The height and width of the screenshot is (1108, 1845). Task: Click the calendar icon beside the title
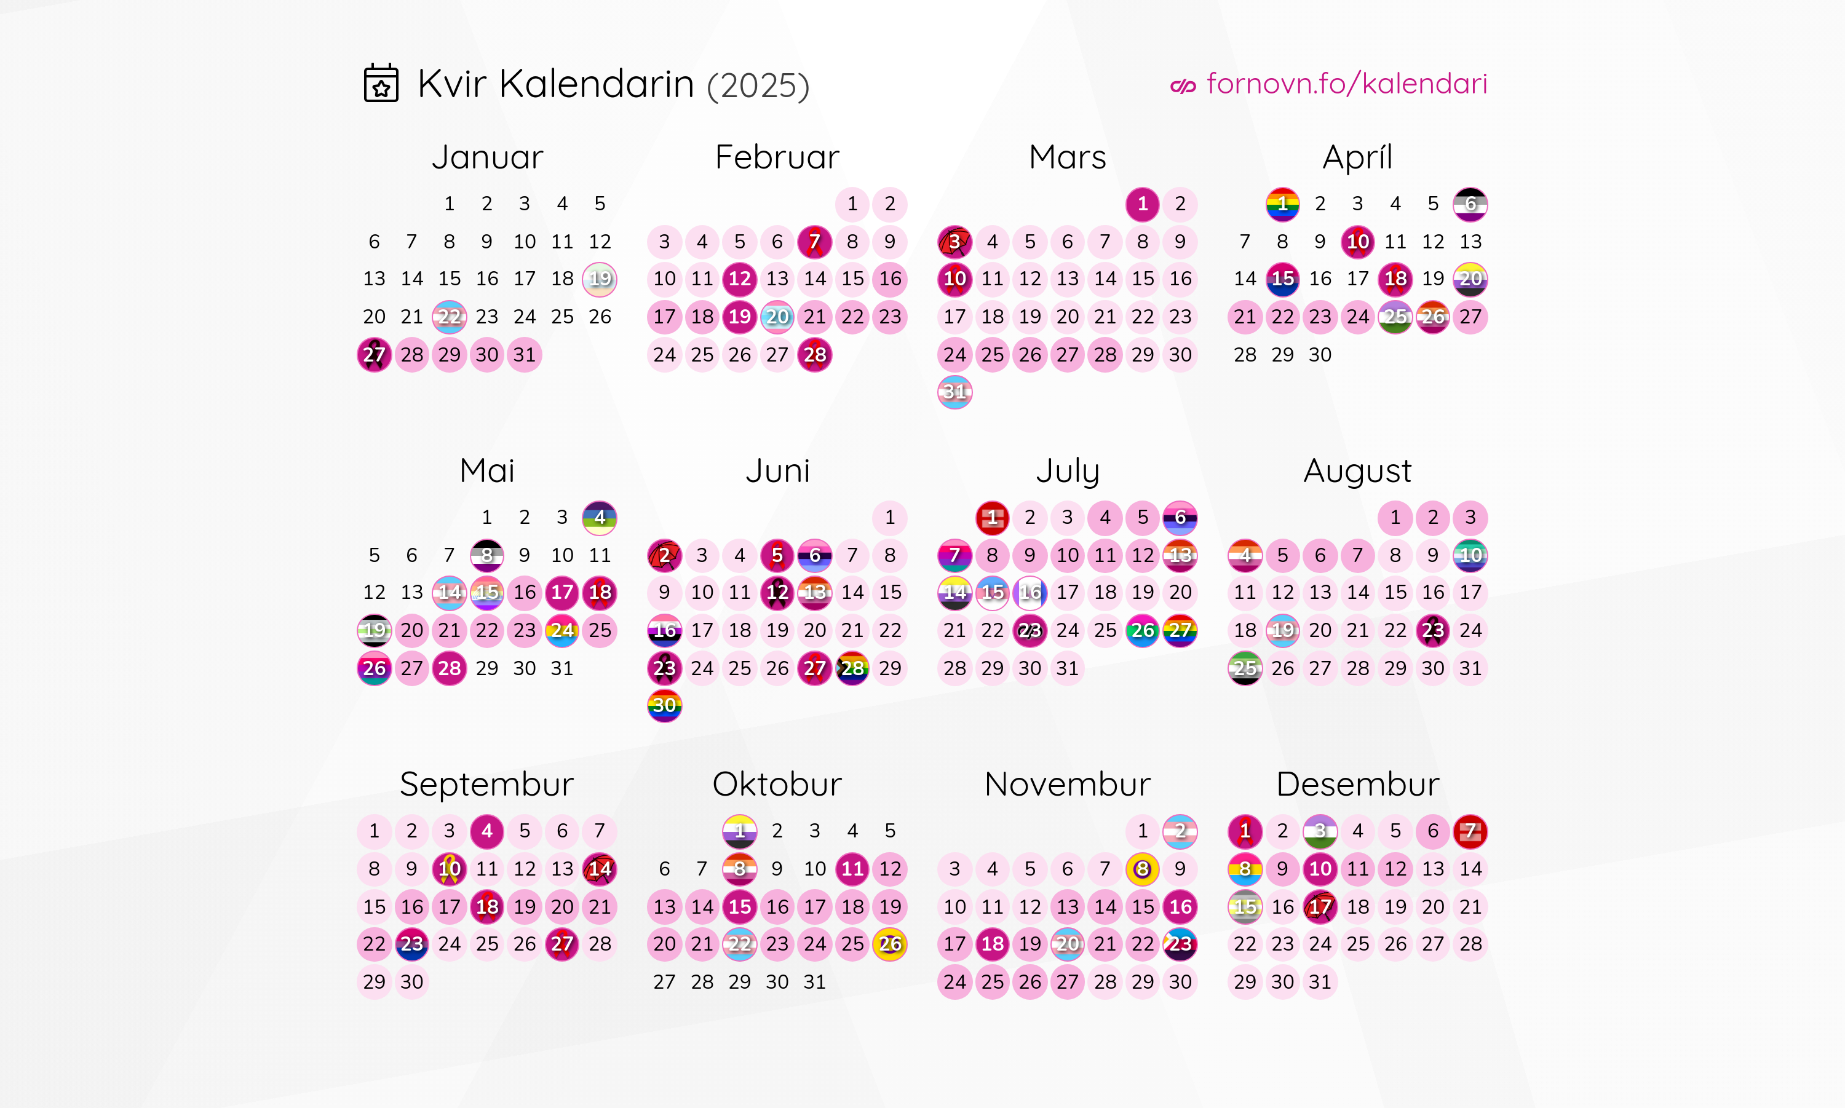pos(381,83)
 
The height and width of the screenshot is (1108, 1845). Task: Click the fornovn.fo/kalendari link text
pos(1346,84)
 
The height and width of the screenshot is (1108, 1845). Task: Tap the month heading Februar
pos(777,157)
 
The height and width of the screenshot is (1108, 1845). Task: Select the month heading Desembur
pos(1357,784)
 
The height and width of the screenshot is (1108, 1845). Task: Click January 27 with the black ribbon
pos(374,355)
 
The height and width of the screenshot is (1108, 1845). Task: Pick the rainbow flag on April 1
pos(1282,204)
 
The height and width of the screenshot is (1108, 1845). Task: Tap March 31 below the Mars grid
pos(954,392)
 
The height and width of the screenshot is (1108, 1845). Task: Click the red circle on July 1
pos(991,518)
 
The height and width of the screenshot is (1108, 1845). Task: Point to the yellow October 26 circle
pos(889,944)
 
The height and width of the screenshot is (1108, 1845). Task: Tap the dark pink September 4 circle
pos(487,831)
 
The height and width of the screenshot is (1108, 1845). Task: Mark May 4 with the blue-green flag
pos(600,518)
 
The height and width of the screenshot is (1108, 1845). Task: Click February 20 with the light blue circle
pos(777,317)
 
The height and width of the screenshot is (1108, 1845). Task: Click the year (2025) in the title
pos(758,85)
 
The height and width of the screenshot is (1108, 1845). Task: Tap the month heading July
pos(1067,471)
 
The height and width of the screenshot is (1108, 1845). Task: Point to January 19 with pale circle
pos(600,279)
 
